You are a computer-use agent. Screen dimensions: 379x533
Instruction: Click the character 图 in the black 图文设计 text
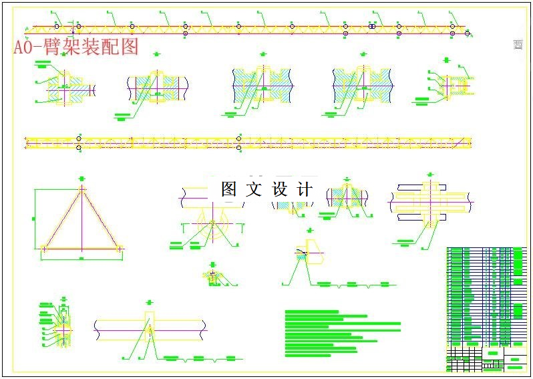pyautogui.click(x=229, y=190)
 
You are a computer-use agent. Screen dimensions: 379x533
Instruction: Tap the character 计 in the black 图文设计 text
pyautogui.click(x=304, y=190)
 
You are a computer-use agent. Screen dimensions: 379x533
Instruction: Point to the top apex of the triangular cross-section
pyautogui.click(x=81, y=188)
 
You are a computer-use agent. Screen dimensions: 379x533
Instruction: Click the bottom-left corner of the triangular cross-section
pyautogui.click(x=43, y=248)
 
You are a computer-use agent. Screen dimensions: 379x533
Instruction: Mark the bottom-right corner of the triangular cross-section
pyautogui.click(x=120, y=248)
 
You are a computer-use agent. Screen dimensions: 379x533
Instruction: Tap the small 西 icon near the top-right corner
pyautogui.click(x=518, y=45)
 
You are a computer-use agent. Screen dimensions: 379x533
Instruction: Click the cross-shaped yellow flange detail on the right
pyautogui.click(x=430, y=201)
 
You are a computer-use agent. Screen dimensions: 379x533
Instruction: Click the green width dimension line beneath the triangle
pyautogui.click(x=81, y=257)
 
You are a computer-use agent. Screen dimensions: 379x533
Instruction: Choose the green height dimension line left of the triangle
pyautogui.click(x=33, y=218)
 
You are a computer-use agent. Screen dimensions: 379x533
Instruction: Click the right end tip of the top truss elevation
pyautogui.click(x=469, y=32)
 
